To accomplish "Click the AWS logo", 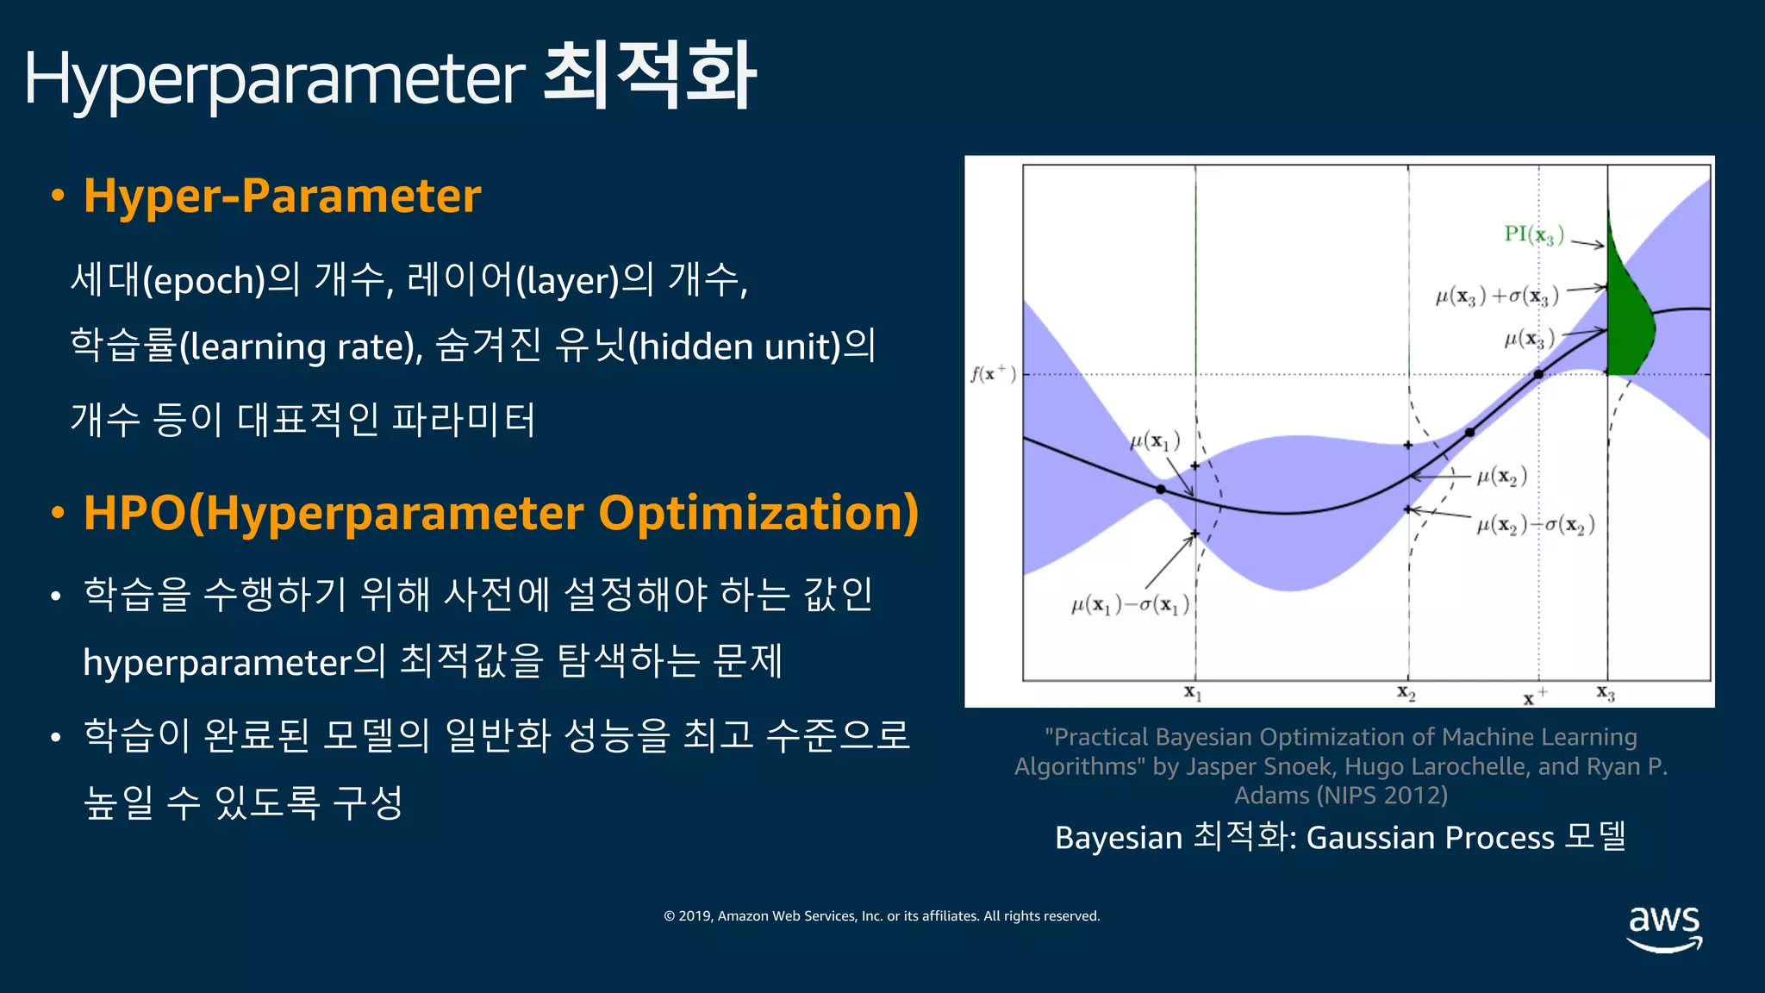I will pos(1664,927).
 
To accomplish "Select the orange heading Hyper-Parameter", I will pos(282,196).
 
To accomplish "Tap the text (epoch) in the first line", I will pos(203,281).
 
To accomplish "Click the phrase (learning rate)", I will pos(301,347).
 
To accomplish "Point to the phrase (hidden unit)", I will pos(734,347).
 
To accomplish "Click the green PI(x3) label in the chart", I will pos(1533,234).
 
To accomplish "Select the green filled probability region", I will pos(1628,319).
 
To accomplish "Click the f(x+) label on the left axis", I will pos(994,373).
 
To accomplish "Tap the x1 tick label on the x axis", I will pos(1193,692).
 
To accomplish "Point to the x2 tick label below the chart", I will pos(1406,692).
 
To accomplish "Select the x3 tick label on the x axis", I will pos(1606,692).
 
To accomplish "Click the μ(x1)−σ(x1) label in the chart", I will pos(1130,605).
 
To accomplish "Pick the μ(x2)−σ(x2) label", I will pos(1535,525).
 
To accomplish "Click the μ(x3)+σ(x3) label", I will pos(1497,297).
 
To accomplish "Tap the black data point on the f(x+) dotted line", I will pos(1538,374).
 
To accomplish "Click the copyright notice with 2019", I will pos(882,916).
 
